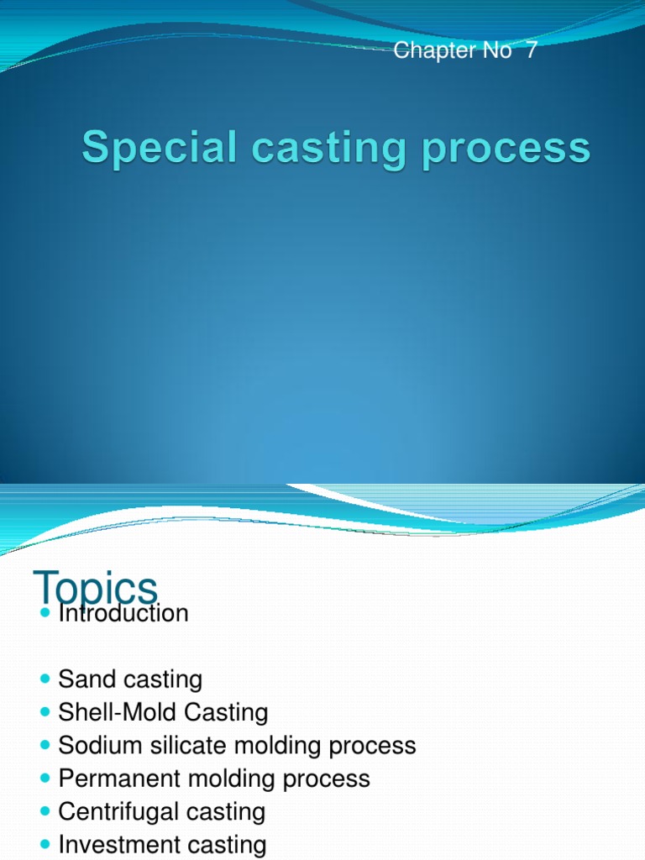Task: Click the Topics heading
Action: point(95,587)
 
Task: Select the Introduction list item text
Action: point(123,614)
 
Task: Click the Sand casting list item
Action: point(130,679)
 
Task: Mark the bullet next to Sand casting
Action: point(45,679)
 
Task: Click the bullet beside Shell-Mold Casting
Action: point(45,712)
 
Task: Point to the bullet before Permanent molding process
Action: point(45,779)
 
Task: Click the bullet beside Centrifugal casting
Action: point(45,811)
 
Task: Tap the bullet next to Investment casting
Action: point(45,845)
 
